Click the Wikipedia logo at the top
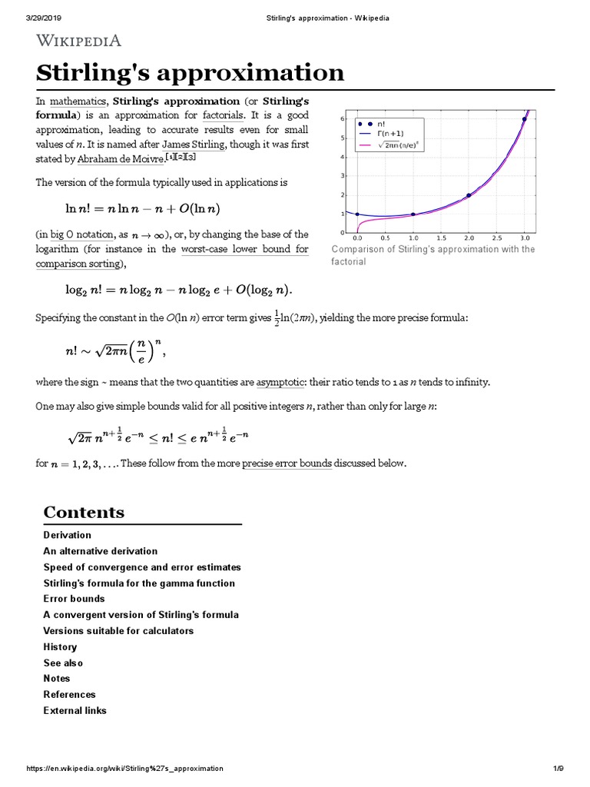tap(78, 41)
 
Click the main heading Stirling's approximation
tap(191, 73)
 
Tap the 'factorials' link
tap(223, 115)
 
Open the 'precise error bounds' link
tap(287, 463)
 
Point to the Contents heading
tap(84, 512)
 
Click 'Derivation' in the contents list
tap(68, 535)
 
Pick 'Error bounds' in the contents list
tap(75, 599)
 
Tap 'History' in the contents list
tap(61, 647)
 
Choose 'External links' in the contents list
tap(75, 711)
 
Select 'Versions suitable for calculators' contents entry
tap(118, 631)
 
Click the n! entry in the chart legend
tap(380, 122)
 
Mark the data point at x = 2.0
tap(469, 195)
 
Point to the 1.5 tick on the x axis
tap(441, 238)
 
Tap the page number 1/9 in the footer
tap(559, 769)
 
